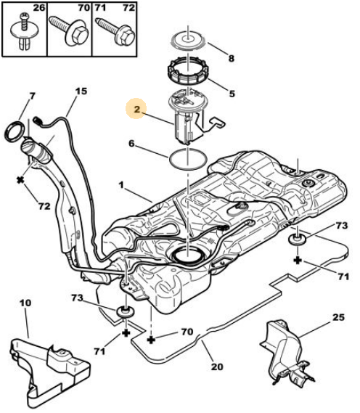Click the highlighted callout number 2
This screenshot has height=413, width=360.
click(136, 109)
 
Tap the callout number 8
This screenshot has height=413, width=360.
click(231, 58)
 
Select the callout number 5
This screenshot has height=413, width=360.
click(232, 94)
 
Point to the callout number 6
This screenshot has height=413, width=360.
click(131, 144)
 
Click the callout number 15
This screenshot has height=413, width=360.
click(81, 91)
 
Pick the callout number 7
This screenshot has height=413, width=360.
click(32, 96)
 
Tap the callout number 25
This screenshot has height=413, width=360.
click(338, 317)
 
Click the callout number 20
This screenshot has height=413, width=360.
click(217, 367)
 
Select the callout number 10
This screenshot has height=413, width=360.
click(25, 303)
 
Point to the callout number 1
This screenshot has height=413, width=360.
click(121, 185)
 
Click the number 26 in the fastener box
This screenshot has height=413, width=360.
click(39, 8)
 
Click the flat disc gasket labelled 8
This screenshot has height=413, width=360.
click(189, 41)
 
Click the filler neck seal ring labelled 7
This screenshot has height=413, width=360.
click(15, 131)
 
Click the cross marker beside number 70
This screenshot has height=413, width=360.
click(151, 340)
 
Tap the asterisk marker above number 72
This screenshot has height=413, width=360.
click(20, 181)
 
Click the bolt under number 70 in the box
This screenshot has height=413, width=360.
click(69, 30)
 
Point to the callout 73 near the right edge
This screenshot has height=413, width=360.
click(342, 226)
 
